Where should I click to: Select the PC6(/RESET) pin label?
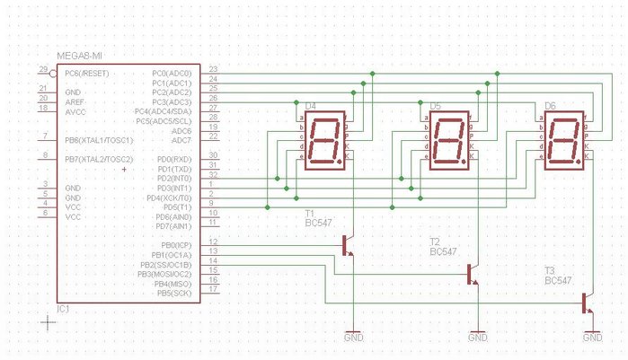tap(86, 72)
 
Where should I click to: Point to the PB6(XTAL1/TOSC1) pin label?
tap(99, 140)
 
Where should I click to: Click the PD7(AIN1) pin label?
tap(172, 226)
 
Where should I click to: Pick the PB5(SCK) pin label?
tap(174, 294)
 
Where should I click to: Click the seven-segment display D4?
tap(324, 143)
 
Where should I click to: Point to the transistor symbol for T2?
tap(473, 274)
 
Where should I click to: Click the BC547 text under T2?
tap(444, 252)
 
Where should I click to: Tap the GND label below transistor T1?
tap(354, 338)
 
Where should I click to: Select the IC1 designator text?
tap(64, 309)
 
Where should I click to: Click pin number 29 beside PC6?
tap(43, 70)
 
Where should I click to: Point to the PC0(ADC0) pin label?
tap(172, 73)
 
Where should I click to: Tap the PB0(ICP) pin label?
tap(174, 245)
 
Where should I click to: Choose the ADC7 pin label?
tap(181, 141)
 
